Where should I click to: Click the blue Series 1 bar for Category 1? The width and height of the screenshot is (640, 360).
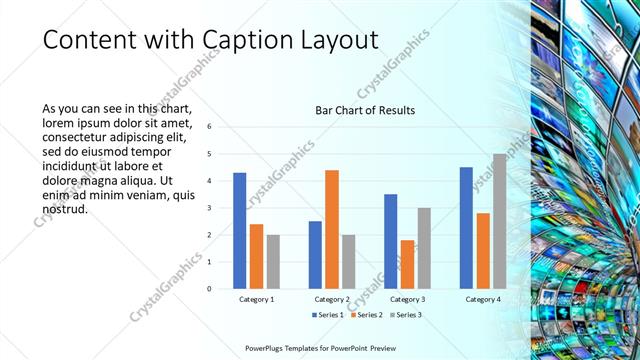tap(240, 230)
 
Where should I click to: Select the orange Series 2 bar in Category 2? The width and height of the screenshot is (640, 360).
tap(332, 229)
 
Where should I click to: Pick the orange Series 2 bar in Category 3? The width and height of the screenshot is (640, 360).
tap(407, 264)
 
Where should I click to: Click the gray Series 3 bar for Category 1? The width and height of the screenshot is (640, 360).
tap(273, 261)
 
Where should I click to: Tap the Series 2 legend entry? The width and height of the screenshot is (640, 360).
tap(367, 315)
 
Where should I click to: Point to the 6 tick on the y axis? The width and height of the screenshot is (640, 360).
tap(210, 127)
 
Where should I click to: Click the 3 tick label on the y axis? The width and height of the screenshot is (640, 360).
tap(210, 208)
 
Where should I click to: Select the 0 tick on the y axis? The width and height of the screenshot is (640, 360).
tap(210, 289)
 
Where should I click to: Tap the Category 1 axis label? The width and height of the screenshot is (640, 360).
tap(257, 299)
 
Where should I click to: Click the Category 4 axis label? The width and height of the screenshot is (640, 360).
tap(483, 299)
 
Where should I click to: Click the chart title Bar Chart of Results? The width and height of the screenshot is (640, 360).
tap(365, 110)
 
